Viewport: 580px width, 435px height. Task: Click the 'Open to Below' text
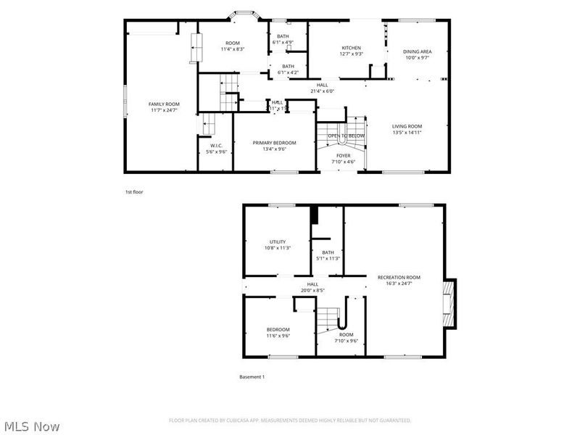(346, 136)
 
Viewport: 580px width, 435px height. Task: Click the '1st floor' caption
(134, 192)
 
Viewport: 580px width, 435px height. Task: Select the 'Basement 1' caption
(252, 377)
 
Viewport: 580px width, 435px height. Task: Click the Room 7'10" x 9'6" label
(347, 337)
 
